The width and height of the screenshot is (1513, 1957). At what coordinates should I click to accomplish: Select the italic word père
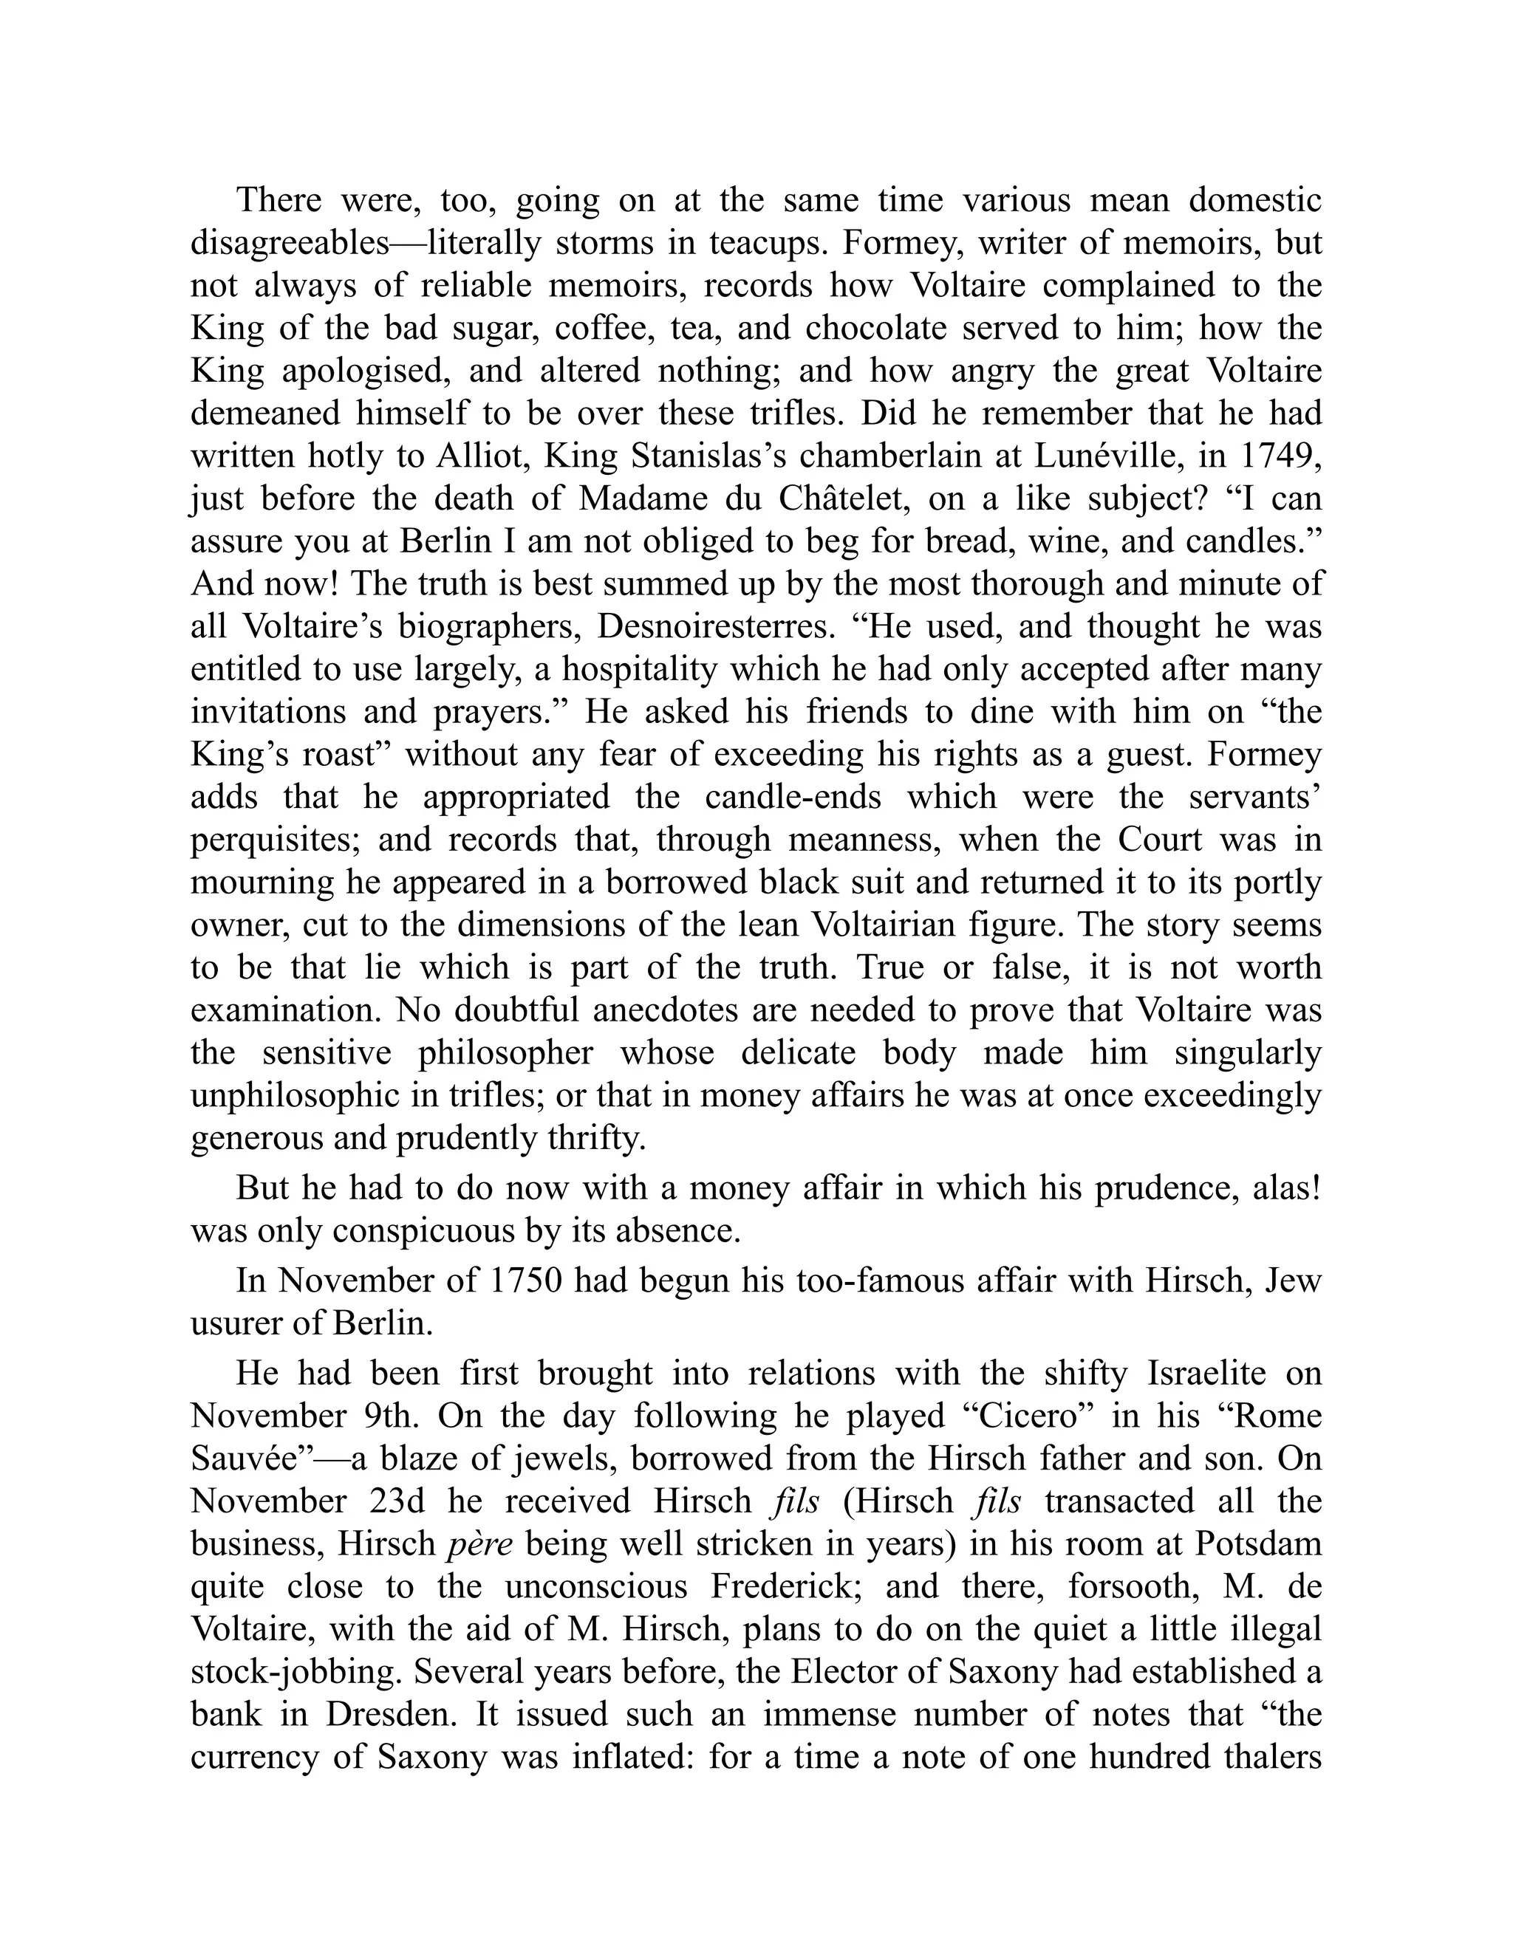click(x=479, y=1544)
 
